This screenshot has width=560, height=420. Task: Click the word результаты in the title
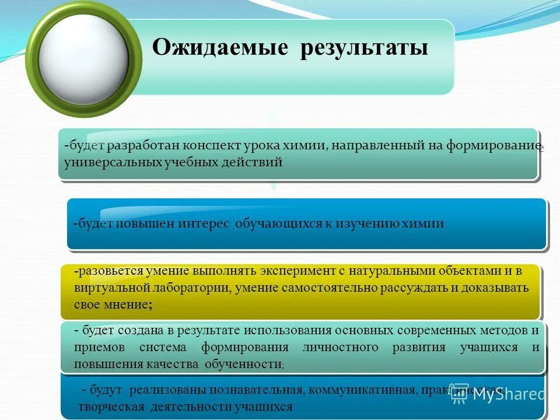[x=364, y=48]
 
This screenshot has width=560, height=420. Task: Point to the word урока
[x=267, y=145]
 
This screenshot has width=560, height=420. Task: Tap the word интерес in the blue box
[x=208, y=224]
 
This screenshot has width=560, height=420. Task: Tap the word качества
[x=173, y=363]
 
